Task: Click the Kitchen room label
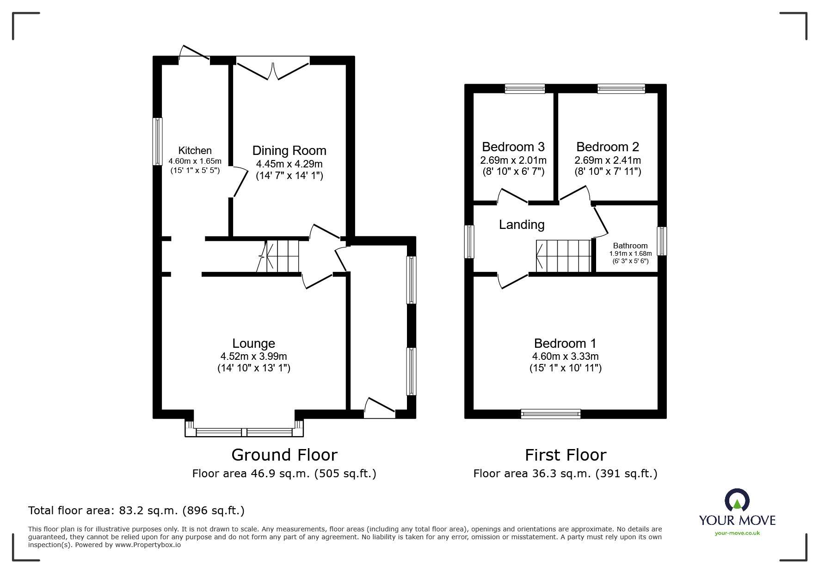point(195,150)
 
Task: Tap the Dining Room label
point(289,151)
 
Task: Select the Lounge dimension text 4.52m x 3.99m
point(254,356)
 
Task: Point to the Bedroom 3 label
point(513,147)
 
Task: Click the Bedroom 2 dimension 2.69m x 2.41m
point(608,160)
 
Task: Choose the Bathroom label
point(630,246)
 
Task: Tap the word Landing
point(522,225)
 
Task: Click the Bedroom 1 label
point(565,343)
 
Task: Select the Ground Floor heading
point(284,455)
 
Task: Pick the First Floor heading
point(566,455)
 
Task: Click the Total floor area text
point(136,511)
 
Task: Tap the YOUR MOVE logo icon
point(737,501)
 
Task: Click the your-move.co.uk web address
point(737,533)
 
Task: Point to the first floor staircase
point(564,256)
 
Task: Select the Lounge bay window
point(244,429)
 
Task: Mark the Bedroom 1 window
point(550,414)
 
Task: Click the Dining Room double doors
point(273,68)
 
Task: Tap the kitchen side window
point(158,142)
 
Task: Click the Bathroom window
point(662,241)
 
